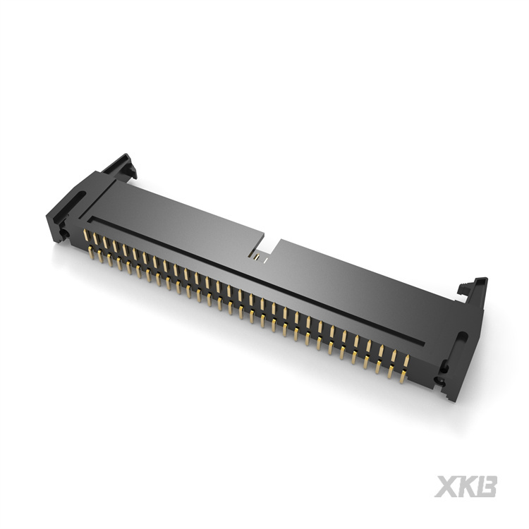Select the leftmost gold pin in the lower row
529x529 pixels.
point(91,252)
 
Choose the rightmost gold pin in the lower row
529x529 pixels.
point(403,377)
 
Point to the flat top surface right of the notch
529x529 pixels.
point(353,282)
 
